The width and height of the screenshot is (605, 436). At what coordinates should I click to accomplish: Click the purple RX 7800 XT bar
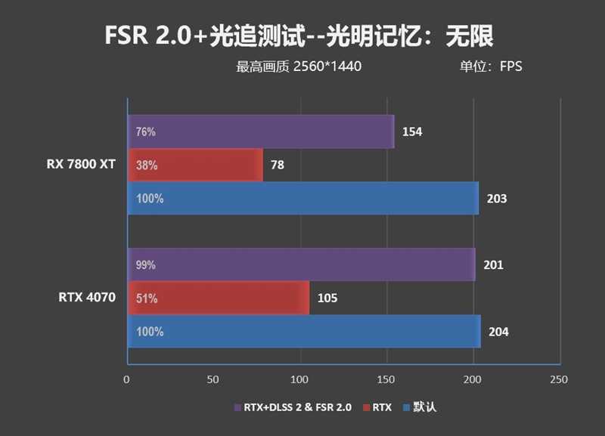pyautogui.click(x=261, y=131)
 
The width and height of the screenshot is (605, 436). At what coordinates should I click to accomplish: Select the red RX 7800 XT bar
pyautogui.click(x=195, y=165)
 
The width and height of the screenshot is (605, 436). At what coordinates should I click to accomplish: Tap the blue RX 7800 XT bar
pyautogui.click(x=302, y=199)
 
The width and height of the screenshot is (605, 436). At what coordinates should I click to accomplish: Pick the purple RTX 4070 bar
pyautogui.click(x=301, y=264)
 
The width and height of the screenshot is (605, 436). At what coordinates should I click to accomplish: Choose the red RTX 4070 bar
pyautogui.click(x=219, y=298)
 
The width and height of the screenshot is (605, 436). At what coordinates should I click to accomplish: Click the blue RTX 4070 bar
pyautogui.click(x=303, y=331)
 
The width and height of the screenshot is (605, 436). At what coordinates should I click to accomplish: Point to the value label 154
pyautogui.click(x=412, y=132)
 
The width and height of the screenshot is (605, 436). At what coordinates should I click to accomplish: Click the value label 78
pyautogui.click(x=278, y=165)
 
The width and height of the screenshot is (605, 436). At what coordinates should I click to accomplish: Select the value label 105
pyautogui.click(x=327, y=298)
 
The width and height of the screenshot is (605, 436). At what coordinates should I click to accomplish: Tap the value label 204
pyautogui.click(x=498, y=332)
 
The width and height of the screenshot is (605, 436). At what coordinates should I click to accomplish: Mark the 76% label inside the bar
pyautogui.click(x=145, y=132)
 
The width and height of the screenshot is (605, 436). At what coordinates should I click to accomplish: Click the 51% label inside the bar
pyautogui.click(x=145, y=298)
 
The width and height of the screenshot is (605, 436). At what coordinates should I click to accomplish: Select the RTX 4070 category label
pyautogui.click(x=87, y=298)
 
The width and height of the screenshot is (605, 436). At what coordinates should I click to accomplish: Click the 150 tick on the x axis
pyautogui.click(x=386, y=379)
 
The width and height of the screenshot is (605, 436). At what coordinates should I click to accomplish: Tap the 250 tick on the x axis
pyautogui.click(x=559, y=379)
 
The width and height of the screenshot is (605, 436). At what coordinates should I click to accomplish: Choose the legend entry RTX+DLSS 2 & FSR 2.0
pyautogui.click(x=292, y=407)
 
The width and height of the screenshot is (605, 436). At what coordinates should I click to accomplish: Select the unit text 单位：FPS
pyautogui.click(x=491, y=66)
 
